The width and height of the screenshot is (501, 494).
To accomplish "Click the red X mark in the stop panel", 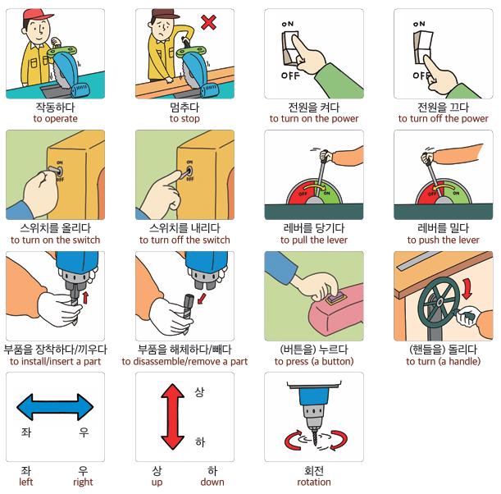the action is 208,22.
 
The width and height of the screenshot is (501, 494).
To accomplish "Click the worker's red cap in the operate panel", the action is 37,15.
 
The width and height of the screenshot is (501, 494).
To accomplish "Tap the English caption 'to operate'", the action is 55,119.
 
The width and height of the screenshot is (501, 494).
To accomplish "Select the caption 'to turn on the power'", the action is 314,119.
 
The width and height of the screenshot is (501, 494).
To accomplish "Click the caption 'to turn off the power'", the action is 443,119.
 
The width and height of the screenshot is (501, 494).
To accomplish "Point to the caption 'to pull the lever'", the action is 314,240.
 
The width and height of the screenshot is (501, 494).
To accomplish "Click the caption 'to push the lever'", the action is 443,240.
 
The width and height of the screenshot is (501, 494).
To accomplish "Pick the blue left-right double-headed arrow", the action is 55,407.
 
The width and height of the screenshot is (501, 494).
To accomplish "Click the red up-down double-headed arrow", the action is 172,417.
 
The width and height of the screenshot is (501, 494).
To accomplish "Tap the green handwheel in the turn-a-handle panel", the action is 439,301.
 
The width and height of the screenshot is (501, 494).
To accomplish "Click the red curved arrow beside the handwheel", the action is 467,288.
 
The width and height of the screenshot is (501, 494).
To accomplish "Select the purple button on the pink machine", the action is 335,299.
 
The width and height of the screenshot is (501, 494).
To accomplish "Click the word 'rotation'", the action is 314,483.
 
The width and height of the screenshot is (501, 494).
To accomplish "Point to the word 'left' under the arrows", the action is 26,482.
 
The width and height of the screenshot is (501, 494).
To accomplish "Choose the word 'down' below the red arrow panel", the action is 212,482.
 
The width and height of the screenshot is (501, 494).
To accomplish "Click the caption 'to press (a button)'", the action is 314,362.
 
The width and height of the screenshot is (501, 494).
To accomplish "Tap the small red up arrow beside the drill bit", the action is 85,297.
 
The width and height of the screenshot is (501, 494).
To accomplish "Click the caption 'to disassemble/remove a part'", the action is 184,362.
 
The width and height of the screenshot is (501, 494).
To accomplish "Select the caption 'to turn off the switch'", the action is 184,240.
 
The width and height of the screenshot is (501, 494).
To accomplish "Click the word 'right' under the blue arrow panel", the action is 83,483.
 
